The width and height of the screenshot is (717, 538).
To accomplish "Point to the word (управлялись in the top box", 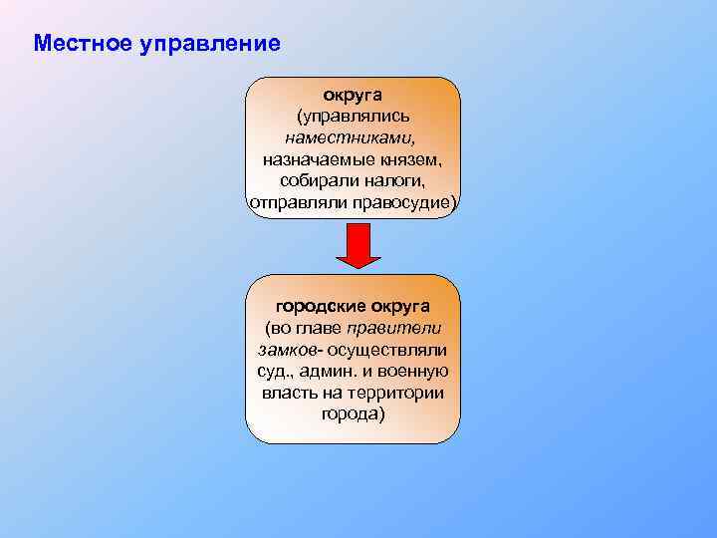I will tap(353, 117).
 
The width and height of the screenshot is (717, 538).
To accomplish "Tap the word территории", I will tap(396, 393).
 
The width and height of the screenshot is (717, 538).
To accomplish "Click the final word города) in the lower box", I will tap(353, 413).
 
